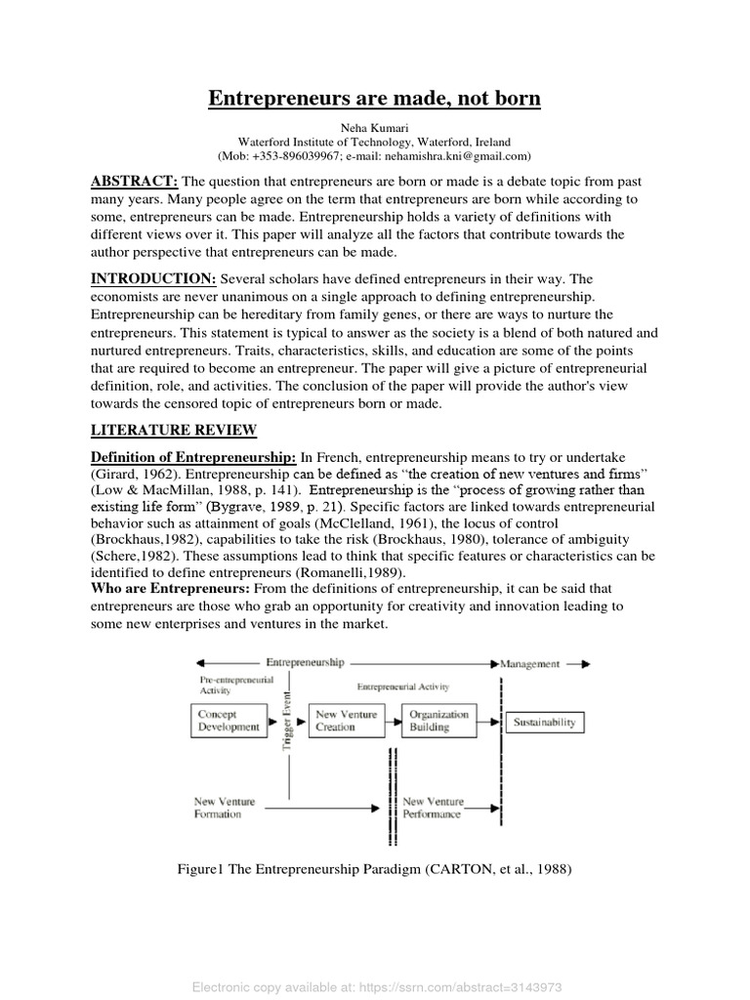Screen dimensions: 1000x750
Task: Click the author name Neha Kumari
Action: click(375, 128)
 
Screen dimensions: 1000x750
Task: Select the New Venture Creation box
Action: click(342, 721)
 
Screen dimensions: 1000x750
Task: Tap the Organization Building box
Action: click(438, 721)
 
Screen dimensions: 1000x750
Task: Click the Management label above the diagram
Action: click(530, 664)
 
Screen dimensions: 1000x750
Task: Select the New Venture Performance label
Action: click(434, 808)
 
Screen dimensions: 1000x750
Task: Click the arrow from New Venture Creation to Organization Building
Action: click(389, 722)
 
